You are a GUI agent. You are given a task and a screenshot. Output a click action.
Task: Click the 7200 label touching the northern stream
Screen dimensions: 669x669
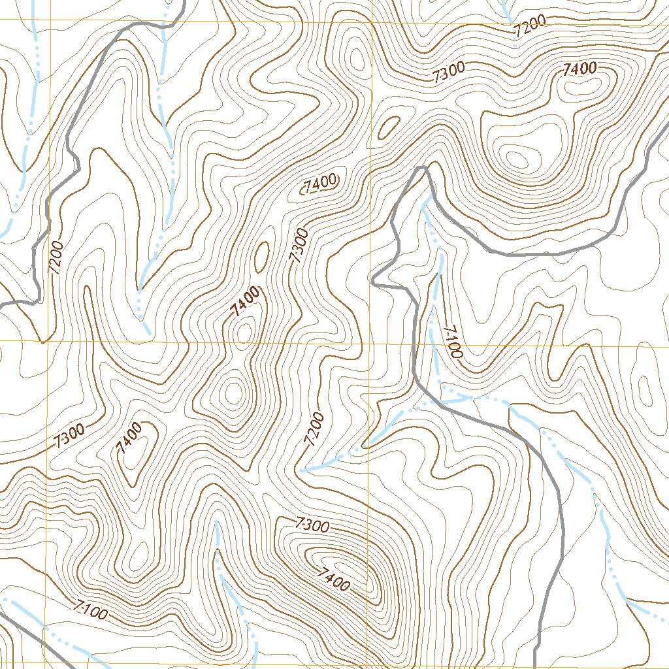click(x=529, y=27)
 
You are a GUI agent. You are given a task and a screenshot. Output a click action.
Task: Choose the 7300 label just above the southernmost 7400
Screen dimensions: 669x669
click(x=312, y=524)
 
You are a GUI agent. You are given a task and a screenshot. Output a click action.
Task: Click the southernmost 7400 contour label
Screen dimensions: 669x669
click(x=334, y=579)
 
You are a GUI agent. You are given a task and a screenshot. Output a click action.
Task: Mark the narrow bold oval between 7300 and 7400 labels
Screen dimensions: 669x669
click(x=262, y=257)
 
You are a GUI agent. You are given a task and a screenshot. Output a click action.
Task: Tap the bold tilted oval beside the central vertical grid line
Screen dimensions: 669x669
click(x=389, y=127)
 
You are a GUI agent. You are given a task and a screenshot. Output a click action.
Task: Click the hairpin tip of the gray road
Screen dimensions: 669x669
click(x=421, y=168)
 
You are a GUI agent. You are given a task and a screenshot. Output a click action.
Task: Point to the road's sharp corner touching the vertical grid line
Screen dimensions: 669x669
click(x=372, y=283)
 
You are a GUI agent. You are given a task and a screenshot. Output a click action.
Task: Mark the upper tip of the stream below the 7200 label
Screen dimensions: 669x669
click(x=301, y=470)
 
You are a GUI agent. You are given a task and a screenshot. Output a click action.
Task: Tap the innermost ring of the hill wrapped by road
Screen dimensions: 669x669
click(x=516, y=158)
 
